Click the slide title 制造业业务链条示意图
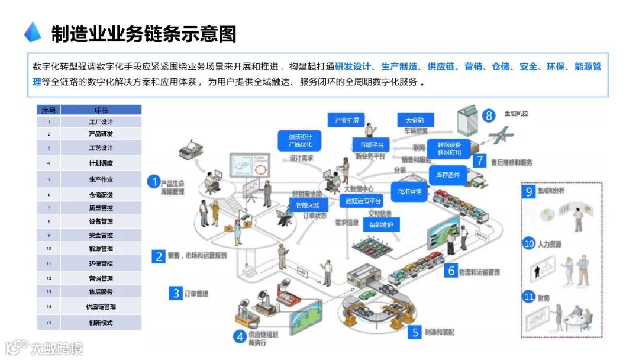click(x=143, y=34)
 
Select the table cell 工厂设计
click(x=101, y=122)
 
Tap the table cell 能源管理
click(x=101, y=249)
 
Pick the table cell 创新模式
click(x=101, y=323)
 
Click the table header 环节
click(x=101, y=110)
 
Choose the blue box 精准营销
click(x=409, y=191)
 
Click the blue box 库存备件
click(x=447, y=175)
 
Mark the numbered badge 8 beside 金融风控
click(x=489, y=115)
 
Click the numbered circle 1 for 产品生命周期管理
click(x=154, y=182)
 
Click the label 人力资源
click(x=551, y=244)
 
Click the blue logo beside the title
click(x=33, y=33)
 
